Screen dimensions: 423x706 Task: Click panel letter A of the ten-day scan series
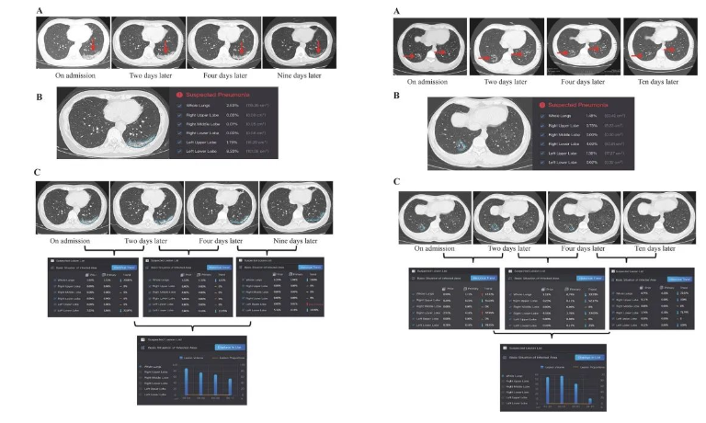click(396, 10)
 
